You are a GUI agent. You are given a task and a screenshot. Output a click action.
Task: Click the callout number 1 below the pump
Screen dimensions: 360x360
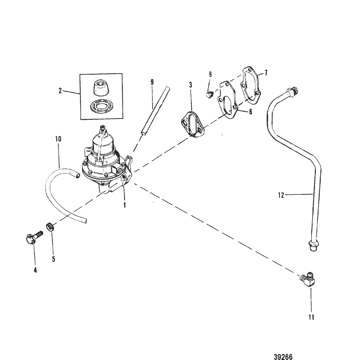125,206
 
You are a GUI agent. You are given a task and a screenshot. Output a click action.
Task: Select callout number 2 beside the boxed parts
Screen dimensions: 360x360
60,91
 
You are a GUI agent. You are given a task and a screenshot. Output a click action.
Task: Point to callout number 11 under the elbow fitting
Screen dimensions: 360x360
311,317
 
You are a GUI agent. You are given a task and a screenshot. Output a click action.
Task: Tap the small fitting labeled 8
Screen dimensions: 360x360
208,95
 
